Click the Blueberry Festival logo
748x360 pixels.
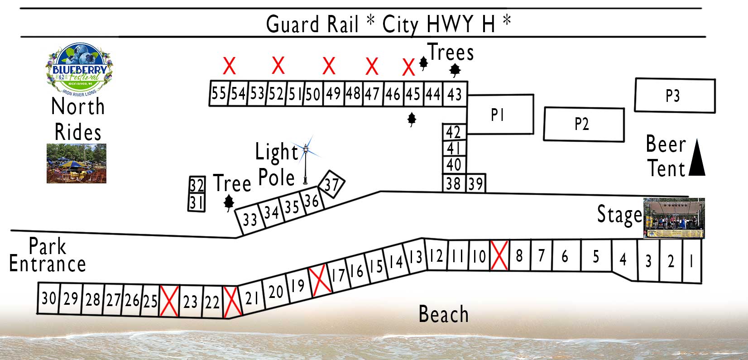click(79, 69)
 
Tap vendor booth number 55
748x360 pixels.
click(219, 93)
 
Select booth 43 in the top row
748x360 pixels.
click(455, 94)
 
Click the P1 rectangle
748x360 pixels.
click(500, 115)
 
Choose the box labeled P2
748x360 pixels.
click(584, 124)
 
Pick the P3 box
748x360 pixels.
click(675, 96)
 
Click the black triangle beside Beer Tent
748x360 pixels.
click(697, 157)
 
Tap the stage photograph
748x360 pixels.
click(674, 218)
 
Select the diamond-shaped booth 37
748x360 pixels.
click(331, 184)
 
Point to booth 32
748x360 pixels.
click(197, 185)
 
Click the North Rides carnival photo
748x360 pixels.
click(77, 163)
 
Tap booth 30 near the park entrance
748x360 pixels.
click(48, 298)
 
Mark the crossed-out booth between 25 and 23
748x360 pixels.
click(169, 301)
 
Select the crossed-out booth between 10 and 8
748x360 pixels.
click(499, 255)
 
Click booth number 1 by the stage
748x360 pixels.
click(692, 261)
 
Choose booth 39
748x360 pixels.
click(475, 183)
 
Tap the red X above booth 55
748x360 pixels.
click(230, 66)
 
